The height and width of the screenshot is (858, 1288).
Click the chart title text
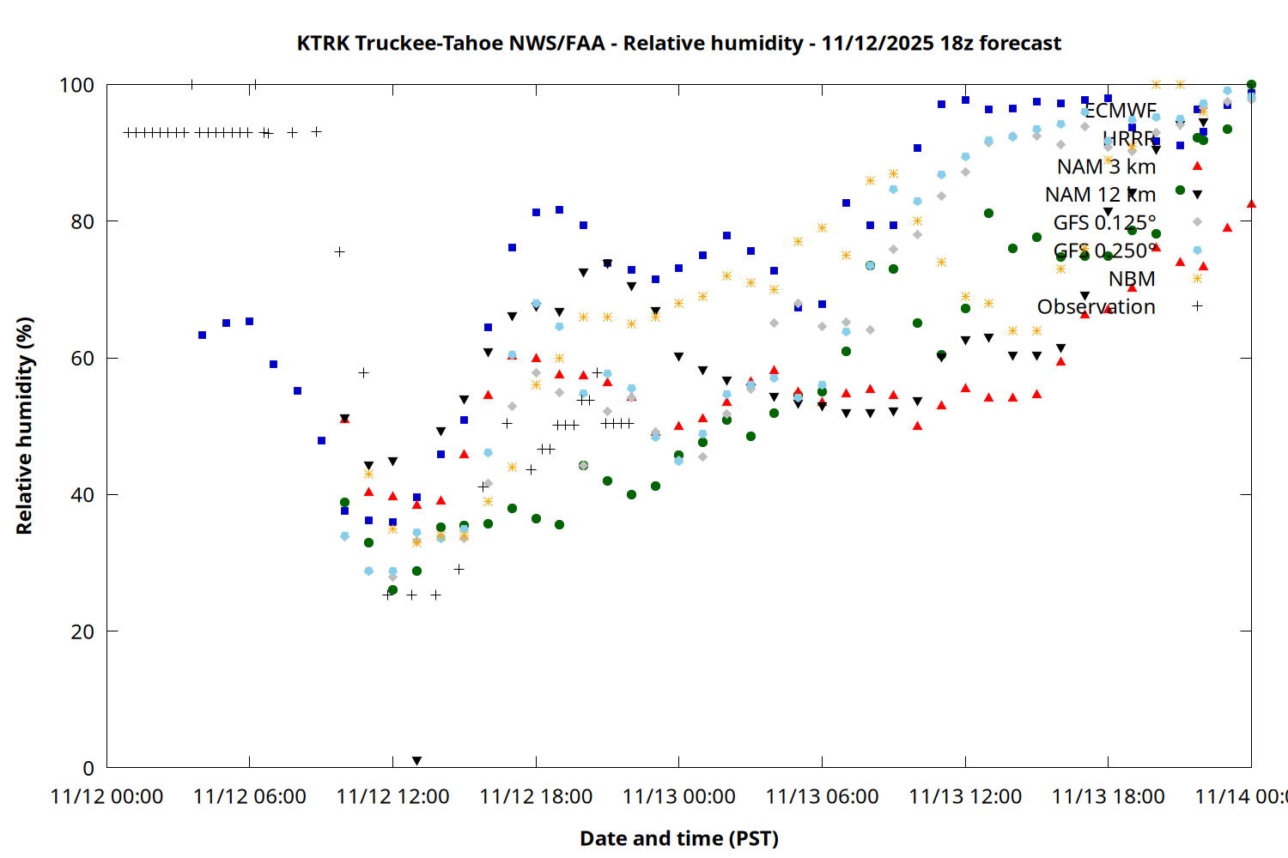pyautogui.click(x=678, y=43)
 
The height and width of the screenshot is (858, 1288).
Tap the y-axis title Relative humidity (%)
pyautogui.click(x=24, y=426)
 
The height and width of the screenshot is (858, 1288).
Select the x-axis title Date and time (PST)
pyautogui.click(x=678, y=838)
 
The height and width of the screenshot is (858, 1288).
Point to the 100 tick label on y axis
pyautogui.click(x=76, y=85)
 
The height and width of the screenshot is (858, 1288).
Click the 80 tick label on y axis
pyautogui.click(x=82, y=221)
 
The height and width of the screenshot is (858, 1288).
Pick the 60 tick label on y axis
pyautogui.click(x=82, y=358)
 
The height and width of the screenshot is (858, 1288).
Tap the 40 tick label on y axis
pyautogui.click(x=82, y=495)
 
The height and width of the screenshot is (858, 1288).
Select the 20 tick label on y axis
pyautogui.click(x=82, y=631)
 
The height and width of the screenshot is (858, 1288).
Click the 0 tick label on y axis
pyautogui.click(x=88, y=768)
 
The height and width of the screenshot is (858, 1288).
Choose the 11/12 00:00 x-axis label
pyautogui.click(x=106, y=796)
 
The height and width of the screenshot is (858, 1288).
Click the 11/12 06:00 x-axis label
pyautogui.click(x=250, y=796)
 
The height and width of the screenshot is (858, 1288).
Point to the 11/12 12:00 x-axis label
pyautogui.click(x=392, y=796)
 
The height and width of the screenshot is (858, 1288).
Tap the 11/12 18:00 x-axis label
pyautogui.click(x=536, y=796)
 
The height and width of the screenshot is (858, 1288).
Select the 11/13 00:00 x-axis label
pyautogui.click(x=679, y=796)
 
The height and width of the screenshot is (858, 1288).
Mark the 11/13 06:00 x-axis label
pyautogui.click(x=822, y=796)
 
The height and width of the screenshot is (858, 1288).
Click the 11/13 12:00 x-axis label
pyautogui.click(x=965, y=796)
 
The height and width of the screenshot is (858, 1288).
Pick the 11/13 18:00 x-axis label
pyautogui.click(x=1109, y=796)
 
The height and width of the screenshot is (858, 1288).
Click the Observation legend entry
pyautogui.click(x=1096, y=306)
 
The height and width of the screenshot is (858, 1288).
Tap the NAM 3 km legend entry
pyautogui.click(x=1106, y=166)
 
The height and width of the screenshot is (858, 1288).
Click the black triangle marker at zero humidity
pyautogui.click(x=416, y=761)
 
